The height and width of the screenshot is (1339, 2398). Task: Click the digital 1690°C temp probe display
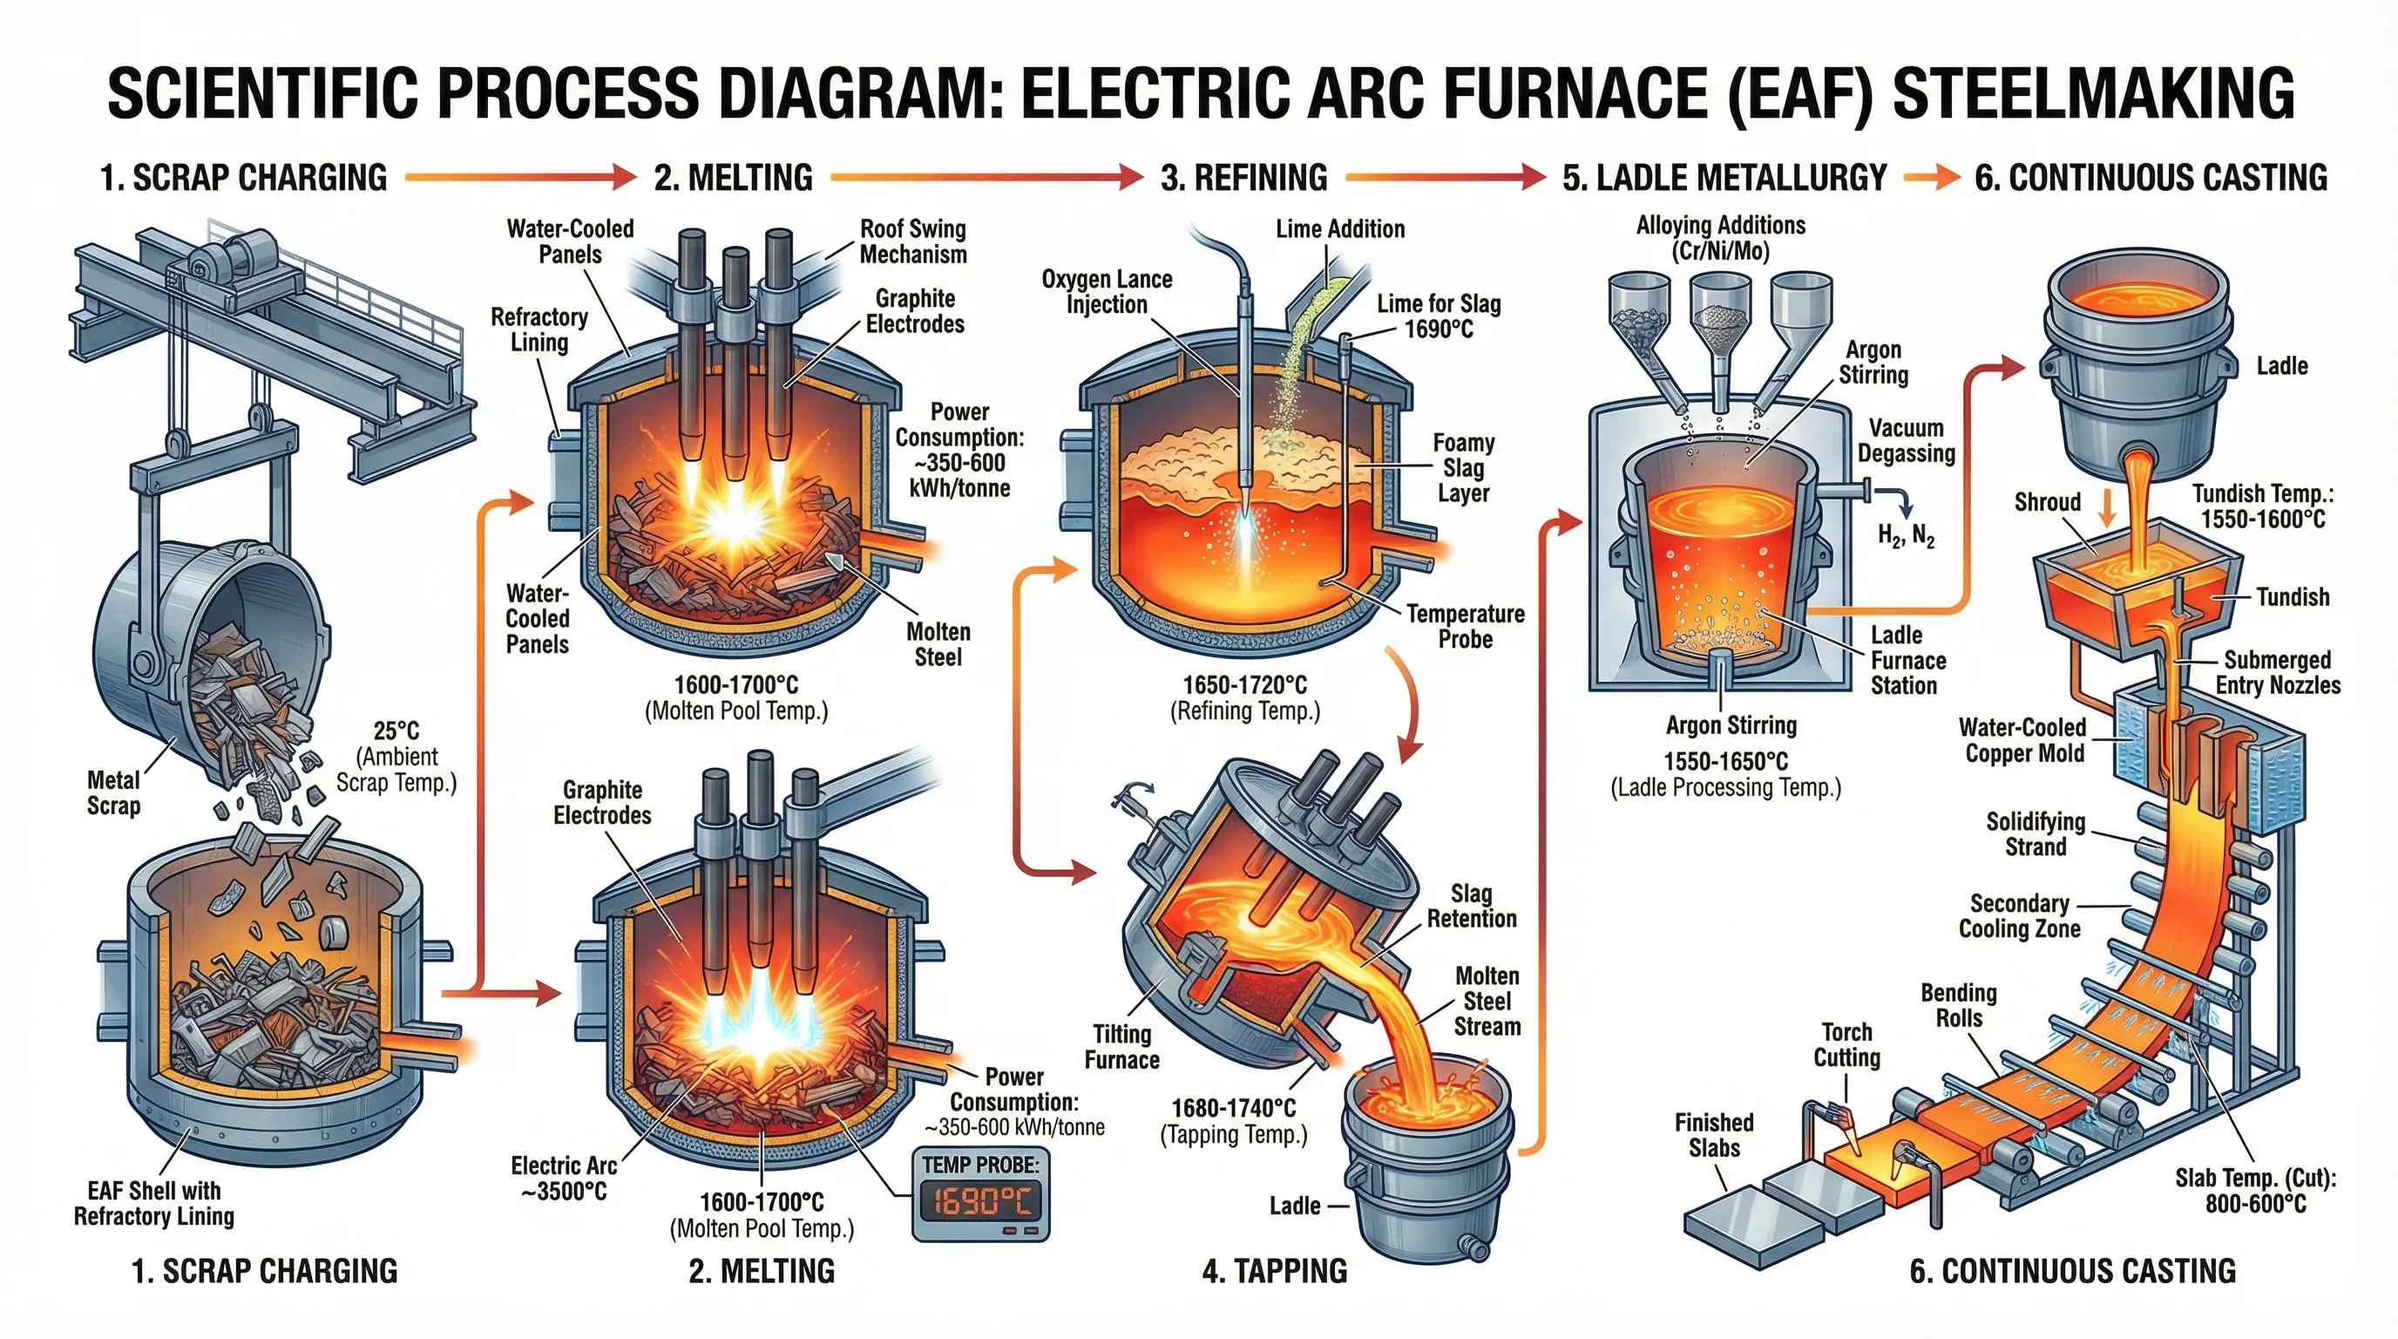(980, 1201)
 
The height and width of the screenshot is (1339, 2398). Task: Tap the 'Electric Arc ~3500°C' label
(564, 1178)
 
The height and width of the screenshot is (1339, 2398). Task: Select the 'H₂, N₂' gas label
(1906, 535)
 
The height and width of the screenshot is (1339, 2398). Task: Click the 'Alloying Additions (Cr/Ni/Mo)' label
(1720, 237)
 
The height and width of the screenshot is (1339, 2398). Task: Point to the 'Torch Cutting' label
(1847, 1043)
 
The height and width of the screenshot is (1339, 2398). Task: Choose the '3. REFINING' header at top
(1243, 177)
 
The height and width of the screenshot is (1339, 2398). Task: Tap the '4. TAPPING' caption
(1275, 1271)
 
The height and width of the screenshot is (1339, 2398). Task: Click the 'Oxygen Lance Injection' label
(1107, 291)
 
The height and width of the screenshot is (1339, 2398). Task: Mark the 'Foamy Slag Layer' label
(1463, 467)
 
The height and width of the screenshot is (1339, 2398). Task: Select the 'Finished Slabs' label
(1714, 1134)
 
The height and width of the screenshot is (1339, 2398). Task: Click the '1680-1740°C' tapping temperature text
(1234, 1108)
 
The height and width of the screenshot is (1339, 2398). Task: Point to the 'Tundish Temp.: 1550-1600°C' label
(2262, 506)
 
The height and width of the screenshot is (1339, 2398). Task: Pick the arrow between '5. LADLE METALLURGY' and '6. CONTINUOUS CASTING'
(1931, 177)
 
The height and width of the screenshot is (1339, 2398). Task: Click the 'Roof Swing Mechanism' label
(912, 241)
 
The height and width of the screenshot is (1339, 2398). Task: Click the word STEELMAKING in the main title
(2094, 93)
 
